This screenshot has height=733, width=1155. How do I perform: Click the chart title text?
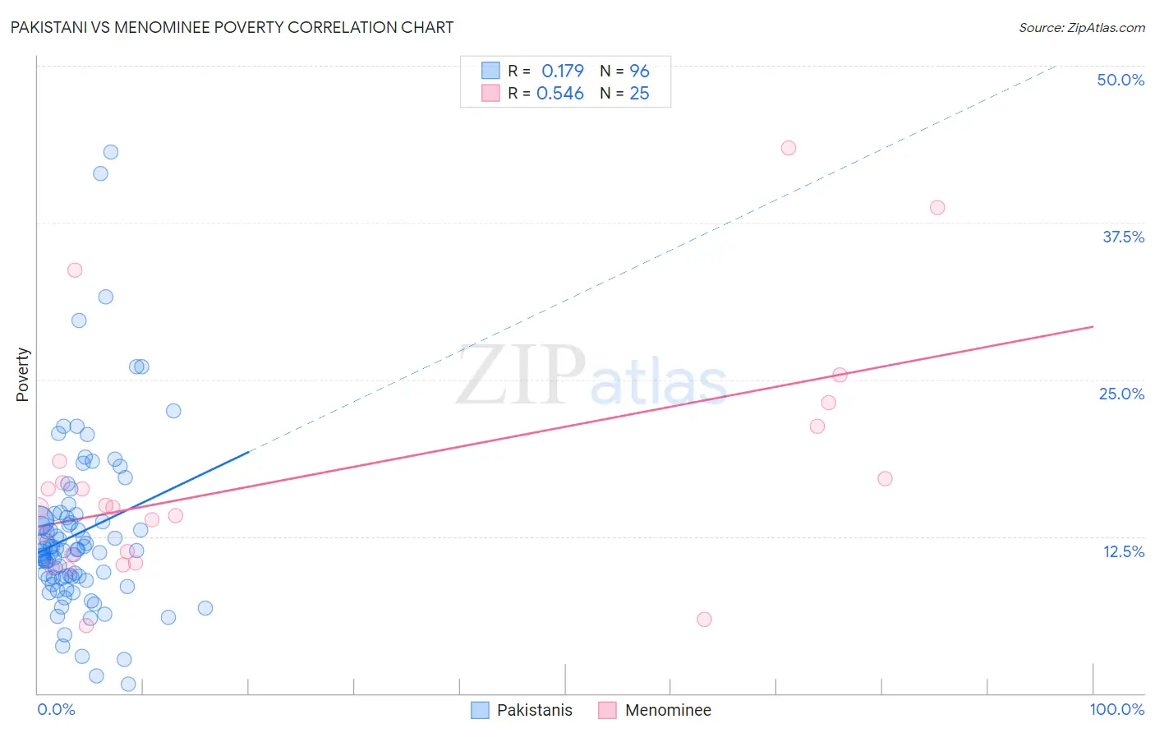tap(232, 27)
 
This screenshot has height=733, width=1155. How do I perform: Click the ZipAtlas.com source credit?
tap(1081, 28)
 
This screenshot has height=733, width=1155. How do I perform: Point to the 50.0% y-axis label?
tap(1120, 80)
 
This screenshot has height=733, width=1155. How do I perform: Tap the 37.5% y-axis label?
tap(1123, 237)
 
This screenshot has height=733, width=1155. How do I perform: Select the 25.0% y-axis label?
tap(1121, 394)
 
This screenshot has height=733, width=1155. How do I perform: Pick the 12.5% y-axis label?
tap(1123, 551)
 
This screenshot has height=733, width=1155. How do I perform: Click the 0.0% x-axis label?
tap(56, 709)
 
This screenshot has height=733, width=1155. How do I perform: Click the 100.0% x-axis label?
tap(1116, 709)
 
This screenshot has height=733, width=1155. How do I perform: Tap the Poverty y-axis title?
tap(22, 375)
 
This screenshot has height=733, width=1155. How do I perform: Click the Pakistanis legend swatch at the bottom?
tap(481, 710)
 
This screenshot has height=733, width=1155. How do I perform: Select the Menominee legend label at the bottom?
tap(668, 710)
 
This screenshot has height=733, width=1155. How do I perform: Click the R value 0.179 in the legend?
tap(562, 71)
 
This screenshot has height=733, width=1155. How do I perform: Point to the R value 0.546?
tap(559, 94)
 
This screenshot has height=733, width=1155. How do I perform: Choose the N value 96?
tap(639, 71)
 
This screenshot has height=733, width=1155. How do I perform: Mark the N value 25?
tap(639, 94)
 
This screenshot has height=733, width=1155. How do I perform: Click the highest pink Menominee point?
tap(789, 148)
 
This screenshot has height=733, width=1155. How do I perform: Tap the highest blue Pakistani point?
tap(111, 152)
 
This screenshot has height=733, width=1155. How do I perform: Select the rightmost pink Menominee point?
tap(937, 207)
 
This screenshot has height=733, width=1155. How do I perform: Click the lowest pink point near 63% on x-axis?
tap(704, 620)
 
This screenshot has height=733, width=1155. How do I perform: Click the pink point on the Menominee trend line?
tap(840, 376)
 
